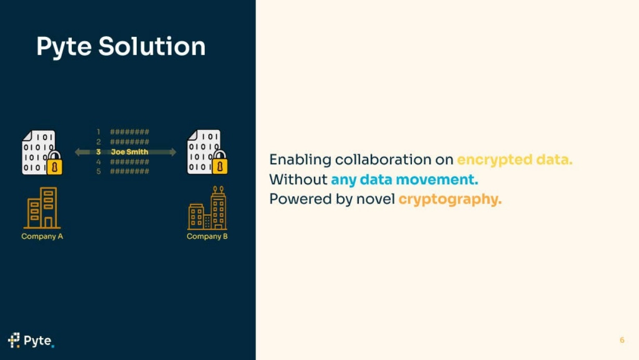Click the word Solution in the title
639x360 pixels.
[x=152, y=46]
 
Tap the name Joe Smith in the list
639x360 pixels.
[x=129, y=152]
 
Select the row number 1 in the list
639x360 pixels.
[x=98, y=132]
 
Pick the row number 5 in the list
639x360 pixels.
[x=98, y=171]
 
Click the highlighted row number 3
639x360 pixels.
[x=98, y=152]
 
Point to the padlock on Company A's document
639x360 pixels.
[x=55, y=163]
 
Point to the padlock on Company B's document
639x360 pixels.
[x=219, y=162]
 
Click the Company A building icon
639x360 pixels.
[x=42, y=208]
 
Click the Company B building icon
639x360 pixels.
[x=207, y=208]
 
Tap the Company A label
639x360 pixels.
[x=42, y=236]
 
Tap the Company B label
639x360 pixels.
[x=207, y=236]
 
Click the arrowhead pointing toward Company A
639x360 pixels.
[x=77, y=152]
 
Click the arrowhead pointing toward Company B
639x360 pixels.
[x=173, y=152]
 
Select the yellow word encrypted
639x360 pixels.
[x=494, y=160]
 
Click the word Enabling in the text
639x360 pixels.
[x=300, y=160]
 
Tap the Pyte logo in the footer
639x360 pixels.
[x=31, y=340]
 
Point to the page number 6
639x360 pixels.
[x=622, y=340]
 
